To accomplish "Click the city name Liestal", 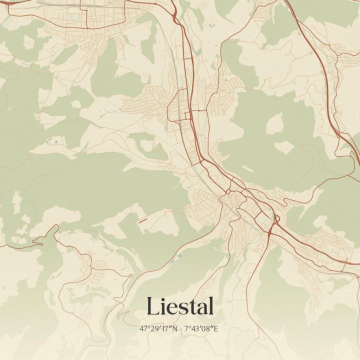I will tap(180, 306).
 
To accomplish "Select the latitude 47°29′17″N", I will tap(159, 329).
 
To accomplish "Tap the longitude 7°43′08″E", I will tap(202, 329).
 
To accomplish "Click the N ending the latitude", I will tap(176, 329).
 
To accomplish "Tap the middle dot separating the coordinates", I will tap(181, 329).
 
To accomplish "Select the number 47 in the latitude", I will tap(143, 329).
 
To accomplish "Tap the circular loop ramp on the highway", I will tap(274, 218).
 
